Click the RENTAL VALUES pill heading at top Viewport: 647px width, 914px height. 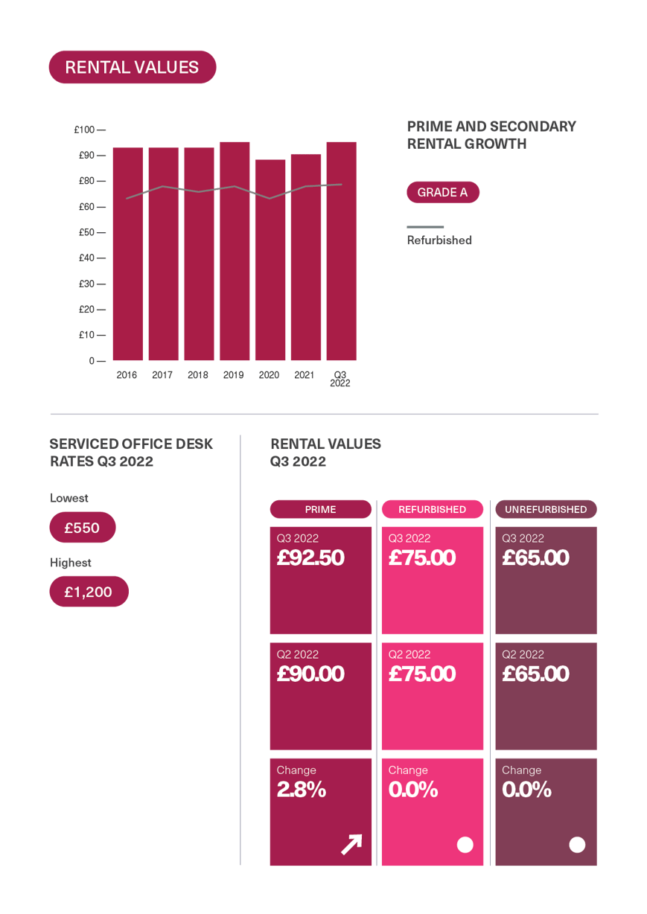pyautogui.click(x=132, y=67)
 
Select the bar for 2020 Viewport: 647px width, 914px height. pyautogui.click(x=270, y=260)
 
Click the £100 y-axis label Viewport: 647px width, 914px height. pyautogui.click(x=84, y=130)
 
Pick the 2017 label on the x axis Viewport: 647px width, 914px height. pyautogui.click(x=162, y=375)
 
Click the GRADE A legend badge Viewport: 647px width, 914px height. pyautogui.click(x=442, y=193)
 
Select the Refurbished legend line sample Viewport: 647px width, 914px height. pyautogui.click(x=424, y=226)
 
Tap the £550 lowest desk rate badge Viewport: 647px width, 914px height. pyautogui.click(x=82, y=528)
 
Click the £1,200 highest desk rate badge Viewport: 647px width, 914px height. pyautogui.click(x=88, y=592)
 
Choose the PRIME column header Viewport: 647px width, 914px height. pyautogui.click(x=320, y=509)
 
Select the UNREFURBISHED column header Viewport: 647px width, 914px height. pyautogui.click(x=546, y=509)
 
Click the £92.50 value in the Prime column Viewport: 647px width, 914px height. pyautogui.click(x=310, y=557)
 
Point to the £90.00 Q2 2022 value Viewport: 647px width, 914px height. pyautogui.click(x=310, y=674)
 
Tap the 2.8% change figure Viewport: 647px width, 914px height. pyautogui.click(x=301, y=790)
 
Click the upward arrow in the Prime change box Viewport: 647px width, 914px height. pyautogui.click(x=351, y=843)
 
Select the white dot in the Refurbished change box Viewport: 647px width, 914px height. pyautogui.click(x=465, y=844)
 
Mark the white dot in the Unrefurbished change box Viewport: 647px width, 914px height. pyautogui.click(x=577, y=844)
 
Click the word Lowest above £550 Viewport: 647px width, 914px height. pyautogui.click(x=68, y=498)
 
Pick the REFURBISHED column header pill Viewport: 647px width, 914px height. pyautogui.click(x=432, y=509)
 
